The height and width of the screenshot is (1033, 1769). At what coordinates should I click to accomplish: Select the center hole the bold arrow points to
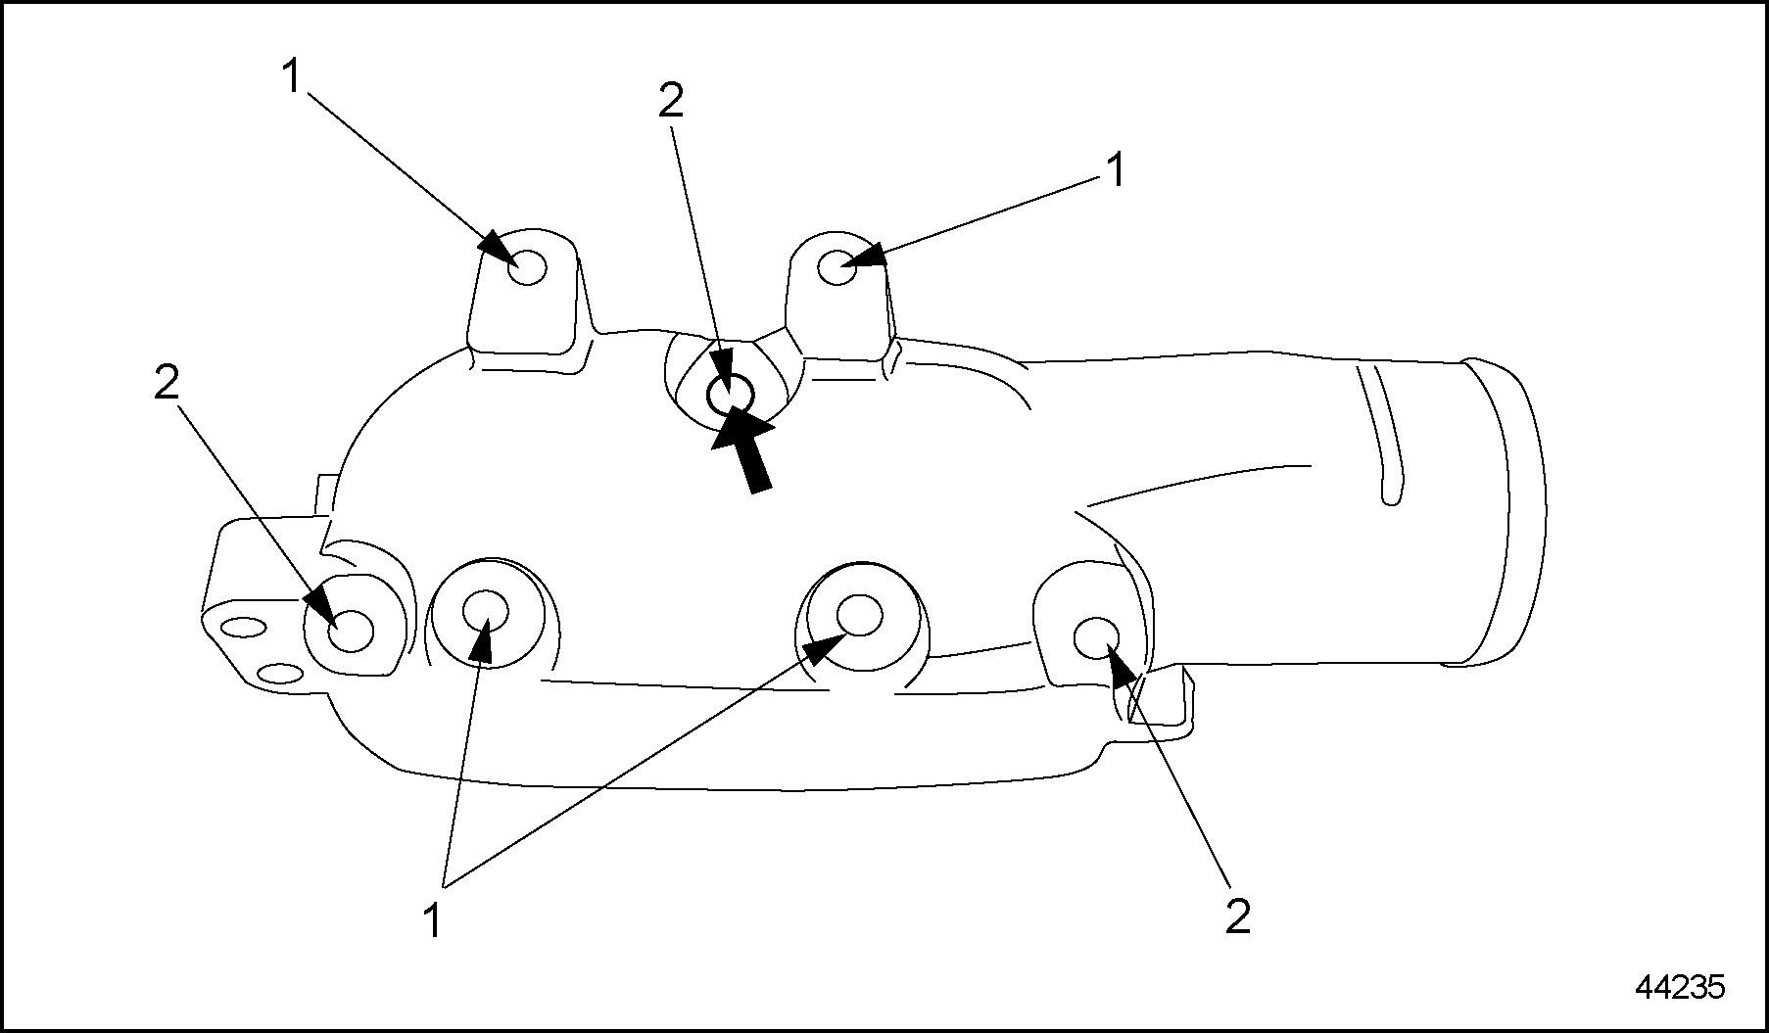tap(731, 396)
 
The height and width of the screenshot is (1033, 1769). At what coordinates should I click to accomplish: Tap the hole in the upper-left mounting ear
tap(528, 266)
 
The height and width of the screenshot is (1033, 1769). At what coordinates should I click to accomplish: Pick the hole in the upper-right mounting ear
tap(837, 267)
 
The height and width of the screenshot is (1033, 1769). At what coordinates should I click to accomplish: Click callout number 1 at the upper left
tap(291, 76)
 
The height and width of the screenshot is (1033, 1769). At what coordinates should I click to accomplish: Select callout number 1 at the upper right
tap(1115, 170)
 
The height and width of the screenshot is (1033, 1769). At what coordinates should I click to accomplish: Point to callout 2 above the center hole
tap(671, 101)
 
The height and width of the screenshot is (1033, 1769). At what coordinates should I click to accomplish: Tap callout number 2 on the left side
tap(167, 383)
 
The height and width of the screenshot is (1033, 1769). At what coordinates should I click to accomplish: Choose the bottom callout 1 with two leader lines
tap(432, 921)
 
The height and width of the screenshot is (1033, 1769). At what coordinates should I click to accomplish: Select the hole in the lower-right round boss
tap(859, 614)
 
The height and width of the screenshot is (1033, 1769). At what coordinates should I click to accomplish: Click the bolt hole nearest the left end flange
tap(351, 632)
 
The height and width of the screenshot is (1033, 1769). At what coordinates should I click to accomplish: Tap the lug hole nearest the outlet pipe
tap(1095, 637)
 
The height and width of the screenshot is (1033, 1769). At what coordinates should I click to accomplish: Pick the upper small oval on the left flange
tap(242, 629)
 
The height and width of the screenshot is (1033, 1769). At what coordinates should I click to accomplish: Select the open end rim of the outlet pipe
tap(1499, 509)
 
